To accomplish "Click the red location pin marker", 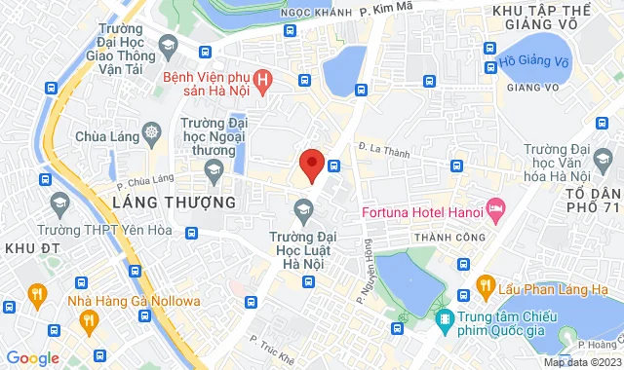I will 311,165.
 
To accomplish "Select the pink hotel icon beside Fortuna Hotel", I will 495,207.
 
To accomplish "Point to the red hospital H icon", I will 260,78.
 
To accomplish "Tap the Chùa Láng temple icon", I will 151,131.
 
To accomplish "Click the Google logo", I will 33,358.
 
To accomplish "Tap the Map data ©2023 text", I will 581,362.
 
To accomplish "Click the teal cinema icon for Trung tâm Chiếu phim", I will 445,317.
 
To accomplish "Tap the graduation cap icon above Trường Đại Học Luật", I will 303,208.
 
